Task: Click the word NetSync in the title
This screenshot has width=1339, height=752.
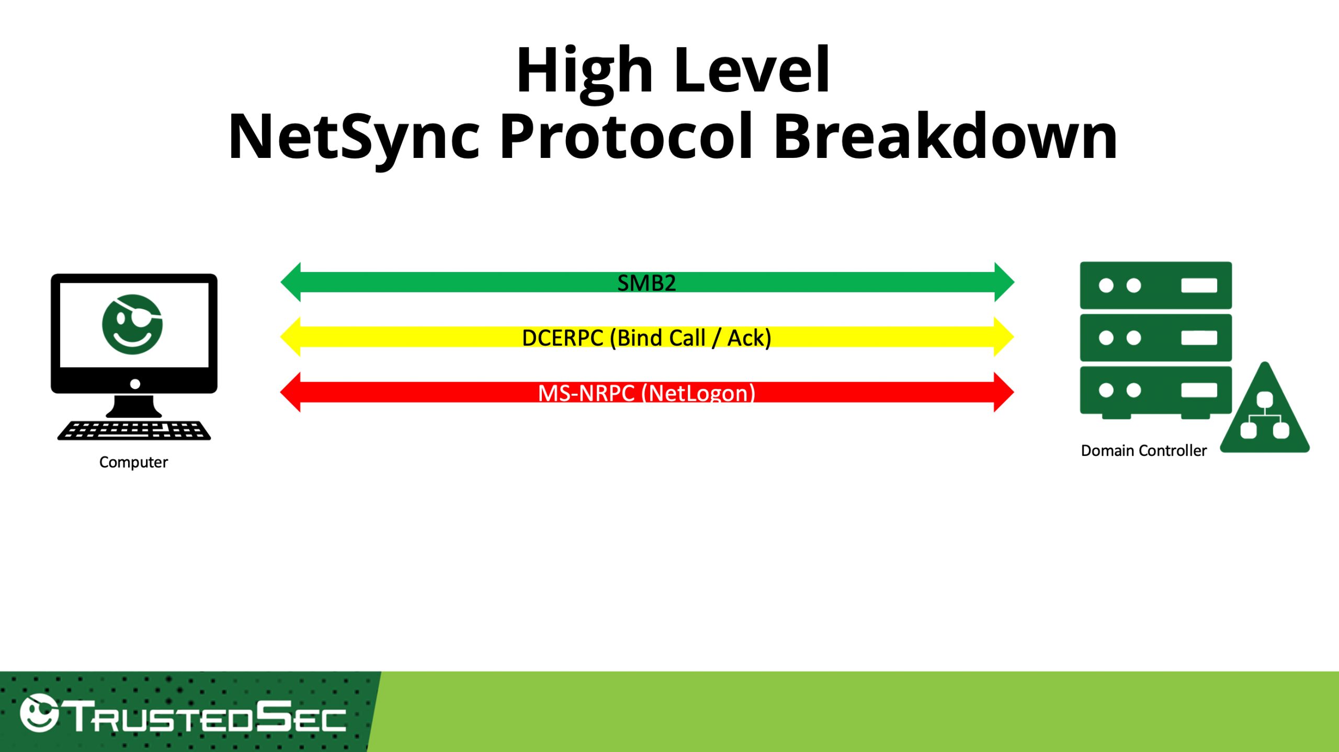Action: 354,138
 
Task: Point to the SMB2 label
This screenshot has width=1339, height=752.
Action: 646,283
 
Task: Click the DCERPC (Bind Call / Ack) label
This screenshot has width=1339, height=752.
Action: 646,338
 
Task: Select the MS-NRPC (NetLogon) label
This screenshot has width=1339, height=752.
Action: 646,392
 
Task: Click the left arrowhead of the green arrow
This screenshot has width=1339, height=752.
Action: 291,282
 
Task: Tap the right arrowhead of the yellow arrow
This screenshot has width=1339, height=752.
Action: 1004,337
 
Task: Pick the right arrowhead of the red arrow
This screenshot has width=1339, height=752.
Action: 1004,392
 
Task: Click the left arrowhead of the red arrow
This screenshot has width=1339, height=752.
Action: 291,392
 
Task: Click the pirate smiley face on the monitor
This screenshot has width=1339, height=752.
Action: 132,324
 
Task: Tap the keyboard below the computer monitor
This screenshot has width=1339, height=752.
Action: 134,430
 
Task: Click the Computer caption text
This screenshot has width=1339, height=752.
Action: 133,462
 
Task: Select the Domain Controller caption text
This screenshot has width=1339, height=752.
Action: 1143,450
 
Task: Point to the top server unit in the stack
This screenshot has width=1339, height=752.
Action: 1156,286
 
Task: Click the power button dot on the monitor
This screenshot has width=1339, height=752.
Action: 135,384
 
